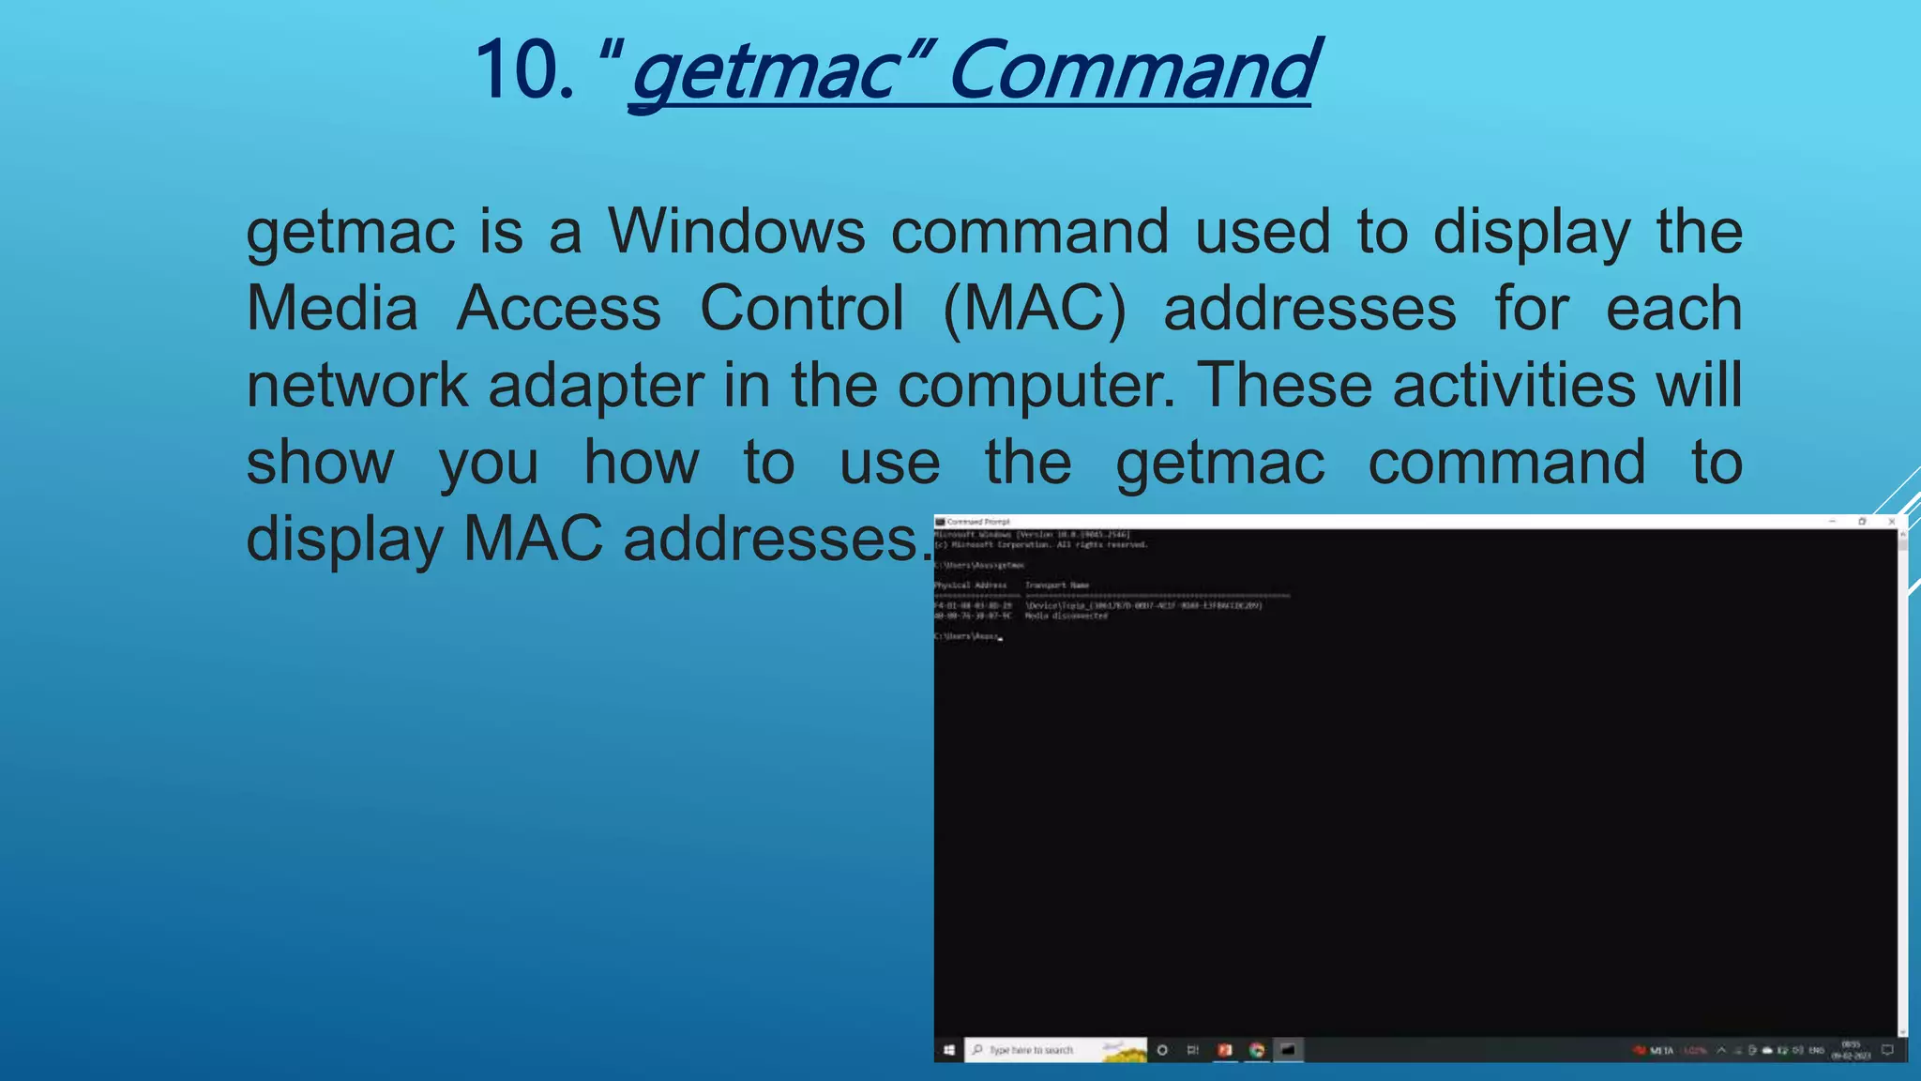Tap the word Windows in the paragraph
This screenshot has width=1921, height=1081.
(736, 232)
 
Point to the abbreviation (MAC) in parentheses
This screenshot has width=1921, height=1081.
(1034, 309)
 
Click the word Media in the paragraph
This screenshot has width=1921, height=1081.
(332, 309)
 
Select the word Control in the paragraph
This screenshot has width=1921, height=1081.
(802, 309)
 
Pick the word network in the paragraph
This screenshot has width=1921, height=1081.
(356, 386)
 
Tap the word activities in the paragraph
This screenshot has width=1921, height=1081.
(1514, 386)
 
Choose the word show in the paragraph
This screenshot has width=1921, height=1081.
(321, 463)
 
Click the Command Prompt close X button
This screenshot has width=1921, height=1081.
(1892, 522)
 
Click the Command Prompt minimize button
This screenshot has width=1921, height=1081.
(1832, 522)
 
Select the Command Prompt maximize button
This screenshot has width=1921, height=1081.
(1862, 522)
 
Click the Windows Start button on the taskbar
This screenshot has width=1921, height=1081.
(949, 1050)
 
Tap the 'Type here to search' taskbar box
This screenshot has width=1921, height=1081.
(1032, 1050)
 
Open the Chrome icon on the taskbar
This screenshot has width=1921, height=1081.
(1257, 1050)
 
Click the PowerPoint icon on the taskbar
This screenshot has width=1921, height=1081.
(1225, 1050)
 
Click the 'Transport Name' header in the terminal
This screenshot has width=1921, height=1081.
(1057, 586)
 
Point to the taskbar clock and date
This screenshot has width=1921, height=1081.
(1851, 1050)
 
